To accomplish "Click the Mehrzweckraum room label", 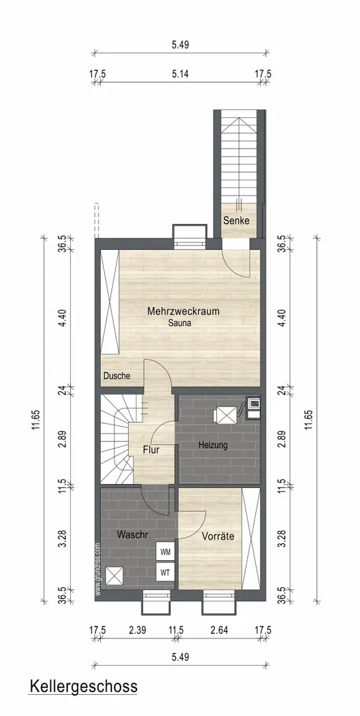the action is pyautogui.click(x=183, y=312).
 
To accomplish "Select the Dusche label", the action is pyautogui.click(x=117, y=377).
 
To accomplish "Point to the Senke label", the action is pyautogui.click(x=236, y=221).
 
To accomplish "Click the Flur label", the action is pyautogui.click(x=151, y=449).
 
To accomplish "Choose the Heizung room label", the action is pyautogui.click(x=213, y=446).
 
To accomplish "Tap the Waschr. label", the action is pyautogui.click(x=131, y=535).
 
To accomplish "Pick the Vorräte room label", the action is pyautogui.click(x=218, y=536).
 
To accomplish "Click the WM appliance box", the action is pyautogui.click(x=165, y=552).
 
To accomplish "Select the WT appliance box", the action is pyautogui.click(x=165, y=571).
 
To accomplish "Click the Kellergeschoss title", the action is pyautogui.click(x=83, y=686).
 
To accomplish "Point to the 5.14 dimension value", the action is pyautogui.click(x=180, y=74).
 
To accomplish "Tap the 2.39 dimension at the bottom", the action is pyautogui.click(x=137, y=630).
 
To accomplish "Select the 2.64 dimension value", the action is pyautogui.click(x=219, y=630).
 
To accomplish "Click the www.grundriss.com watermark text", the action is pyautogui.click(x=97, y=569).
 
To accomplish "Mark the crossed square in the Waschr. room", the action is pyautogui.click(x=114, y=575).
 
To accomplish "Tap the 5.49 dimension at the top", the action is pyautogui.click(x=180, y=45).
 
